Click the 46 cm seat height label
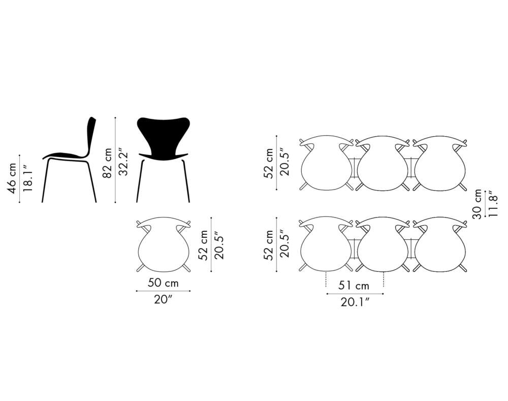(13, 178)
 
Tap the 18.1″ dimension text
(28, 178)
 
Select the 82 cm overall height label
(107, 163)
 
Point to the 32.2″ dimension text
(123, 163)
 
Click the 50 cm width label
(163, 283)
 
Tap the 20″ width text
(163, 299)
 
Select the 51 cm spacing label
(354, 286)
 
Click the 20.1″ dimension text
(355, 302)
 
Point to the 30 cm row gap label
(477, 204)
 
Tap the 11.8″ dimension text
(493, 204)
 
